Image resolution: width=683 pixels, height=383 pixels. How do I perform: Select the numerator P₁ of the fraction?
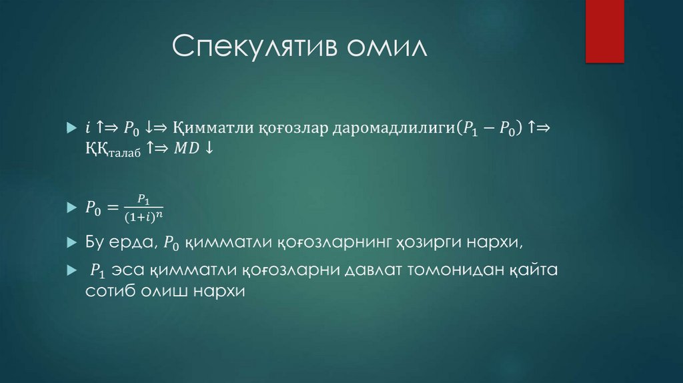click(x=143, y=199)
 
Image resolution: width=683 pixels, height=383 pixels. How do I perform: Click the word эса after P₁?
click(x=129, y=272)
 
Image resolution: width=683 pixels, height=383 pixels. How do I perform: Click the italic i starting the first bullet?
click(x=87, y=127)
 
